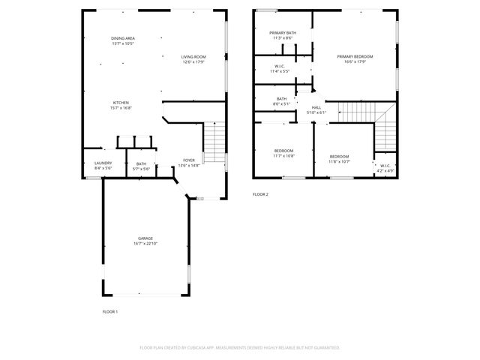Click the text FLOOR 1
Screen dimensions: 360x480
click(109, 311)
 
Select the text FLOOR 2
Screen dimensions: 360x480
click(259, 194)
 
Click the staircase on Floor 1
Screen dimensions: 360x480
click(214, 142)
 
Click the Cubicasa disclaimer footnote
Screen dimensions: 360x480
click(240, 348)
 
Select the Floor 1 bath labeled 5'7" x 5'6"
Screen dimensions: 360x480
click(142, 166)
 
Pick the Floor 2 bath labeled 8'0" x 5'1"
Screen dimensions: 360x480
click(281, 101)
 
